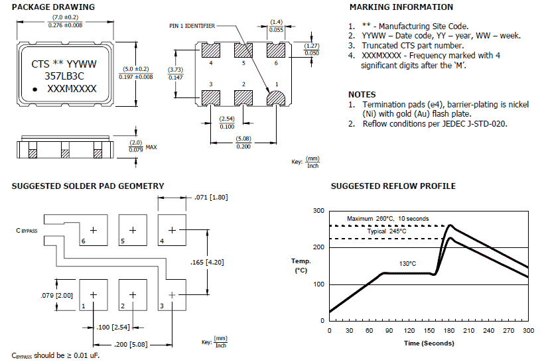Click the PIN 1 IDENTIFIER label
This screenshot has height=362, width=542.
click(192, 26)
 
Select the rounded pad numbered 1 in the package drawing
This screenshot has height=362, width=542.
click(277, 98)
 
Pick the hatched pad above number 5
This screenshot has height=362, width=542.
click(243, 50)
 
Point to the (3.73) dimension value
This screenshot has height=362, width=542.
click(176, 70)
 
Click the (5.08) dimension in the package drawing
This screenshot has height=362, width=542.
click(243, 138)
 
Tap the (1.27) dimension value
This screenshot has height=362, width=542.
click(310, 46)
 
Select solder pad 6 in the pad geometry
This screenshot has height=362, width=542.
click(94, 230)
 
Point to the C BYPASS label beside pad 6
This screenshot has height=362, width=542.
click(27, 230)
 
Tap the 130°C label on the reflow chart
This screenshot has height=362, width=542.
click(409, 263)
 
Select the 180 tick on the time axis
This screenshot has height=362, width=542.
click(448, 330)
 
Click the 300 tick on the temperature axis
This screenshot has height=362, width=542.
click(318, 211)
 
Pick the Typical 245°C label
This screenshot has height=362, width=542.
click(386, 231)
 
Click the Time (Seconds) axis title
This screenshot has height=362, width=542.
click(429, 343)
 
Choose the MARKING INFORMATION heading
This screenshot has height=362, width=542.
click(401, 7)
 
